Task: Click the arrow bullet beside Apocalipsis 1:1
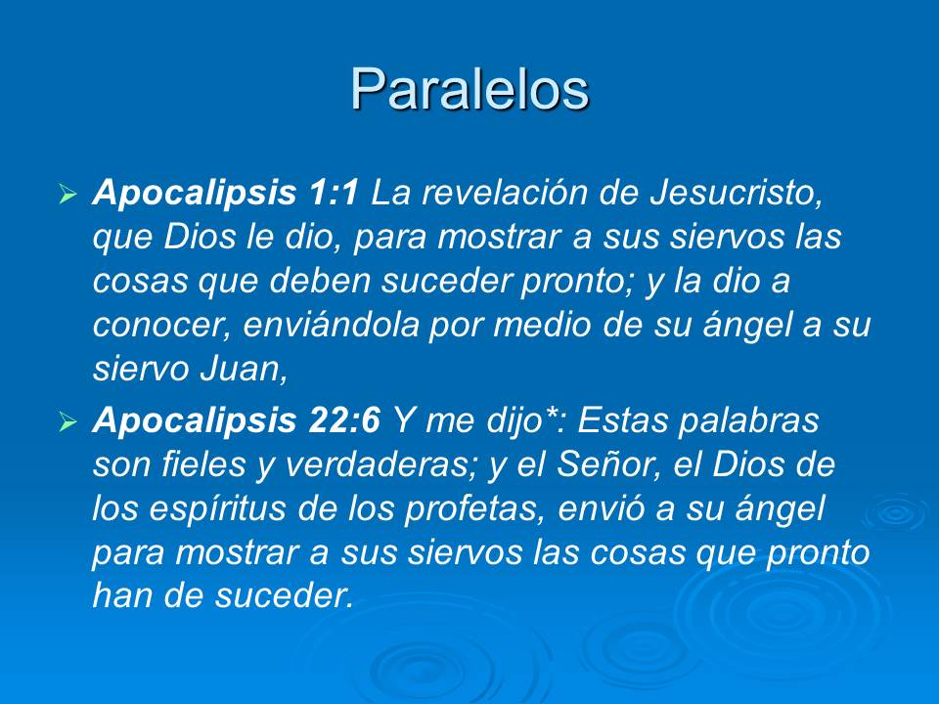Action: pos(67,195)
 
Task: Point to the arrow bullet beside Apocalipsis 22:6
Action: pos(67,423)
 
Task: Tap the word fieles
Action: pos(198,467)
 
